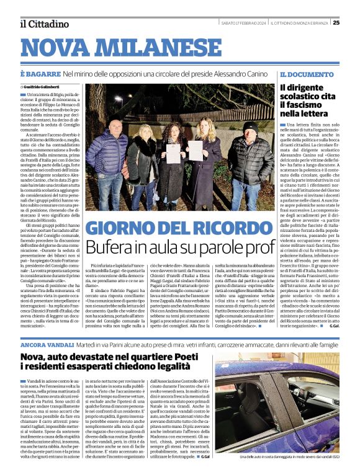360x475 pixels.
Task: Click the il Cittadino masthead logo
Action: pyautogui.click(x=44, y=24)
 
